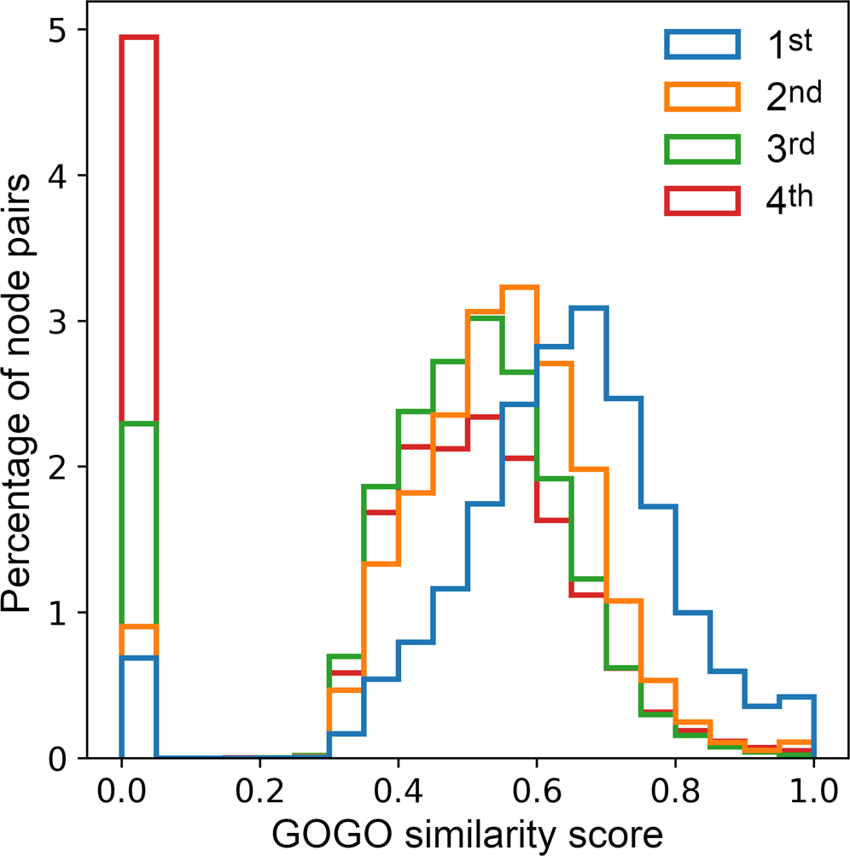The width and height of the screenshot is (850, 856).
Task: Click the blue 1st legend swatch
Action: [x=701, y=45]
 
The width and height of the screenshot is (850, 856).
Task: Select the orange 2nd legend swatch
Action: [x=701, y=96]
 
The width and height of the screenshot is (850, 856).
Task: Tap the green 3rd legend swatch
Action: [x=701, y=148]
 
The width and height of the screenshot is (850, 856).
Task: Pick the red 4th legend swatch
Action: [x=701, y=200]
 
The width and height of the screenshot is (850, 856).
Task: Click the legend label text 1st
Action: [x=789, y=44]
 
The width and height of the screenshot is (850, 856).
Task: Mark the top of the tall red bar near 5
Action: [x=139, y=38]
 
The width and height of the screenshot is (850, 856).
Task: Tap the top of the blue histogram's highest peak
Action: [x=589, y=308]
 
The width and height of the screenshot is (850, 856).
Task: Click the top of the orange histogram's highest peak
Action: [x=520, y=288]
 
